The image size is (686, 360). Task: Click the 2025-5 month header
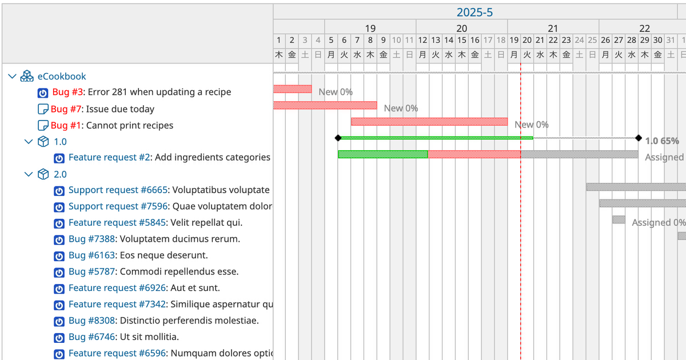pos(474,12)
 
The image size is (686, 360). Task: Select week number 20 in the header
pos(461,28)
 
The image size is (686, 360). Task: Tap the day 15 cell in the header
pos(461,40)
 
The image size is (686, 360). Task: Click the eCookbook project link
pos(62,76)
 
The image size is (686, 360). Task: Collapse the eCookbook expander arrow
pos(13,76)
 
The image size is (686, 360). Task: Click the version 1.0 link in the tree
pos(60,142)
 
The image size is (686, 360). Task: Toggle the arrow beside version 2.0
pos(29,174)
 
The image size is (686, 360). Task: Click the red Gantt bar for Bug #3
pos(292,89)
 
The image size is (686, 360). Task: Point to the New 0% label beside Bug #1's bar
pos(531,125)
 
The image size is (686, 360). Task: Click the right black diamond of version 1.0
pos(638,138)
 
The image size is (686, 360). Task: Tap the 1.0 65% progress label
pos(661,141)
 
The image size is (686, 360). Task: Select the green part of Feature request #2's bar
pos(382,154)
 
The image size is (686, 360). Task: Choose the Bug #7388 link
pos(92,239)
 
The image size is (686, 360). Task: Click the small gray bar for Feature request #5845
pos(619,219)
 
